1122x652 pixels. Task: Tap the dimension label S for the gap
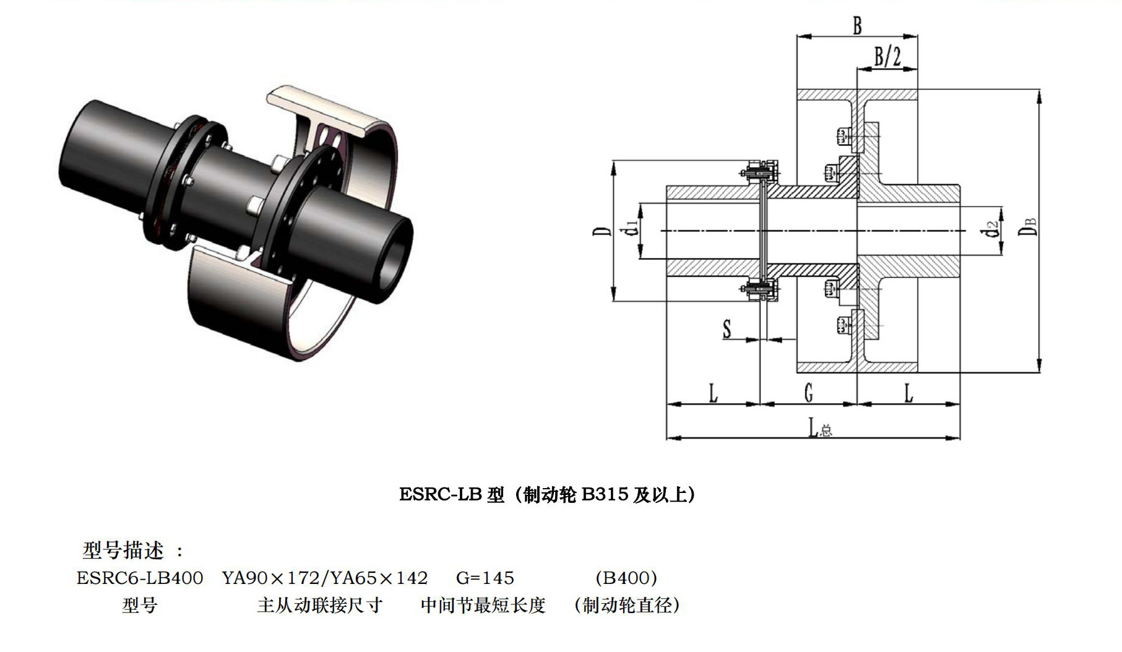pyautogui.click(x=727, y=329)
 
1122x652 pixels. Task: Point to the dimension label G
pyautogui.click(x=808, y=392)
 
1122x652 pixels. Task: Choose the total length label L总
pyautogui.click(x=821, y=427)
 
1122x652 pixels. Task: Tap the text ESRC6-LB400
pyautogui.click(x=140, y=578)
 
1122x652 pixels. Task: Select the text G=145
pyautogui.click(x=485, y=578)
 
